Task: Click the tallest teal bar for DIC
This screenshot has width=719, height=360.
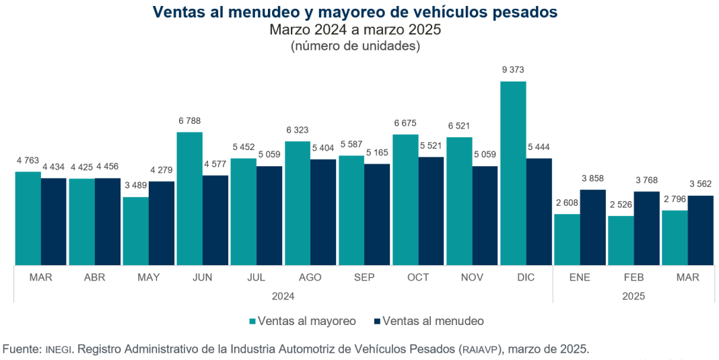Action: [513, 173]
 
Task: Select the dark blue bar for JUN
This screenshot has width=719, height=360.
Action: [215, 220]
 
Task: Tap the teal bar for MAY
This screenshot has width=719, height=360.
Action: [135, 231]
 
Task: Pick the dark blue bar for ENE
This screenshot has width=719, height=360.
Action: [592, 227]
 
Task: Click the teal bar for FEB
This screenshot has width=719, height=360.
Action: [620, 240]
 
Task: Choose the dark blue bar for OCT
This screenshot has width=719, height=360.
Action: [431, 211]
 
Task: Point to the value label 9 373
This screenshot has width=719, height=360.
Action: [513, 70]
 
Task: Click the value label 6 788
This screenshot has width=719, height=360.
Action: [190, 121]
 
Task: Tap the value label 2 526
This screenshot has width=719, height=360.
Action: [620, 205]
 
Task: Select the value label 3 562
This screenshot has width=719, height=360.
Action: [701, 184]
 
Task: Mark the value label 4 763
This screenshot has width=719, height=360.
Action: [28, 161]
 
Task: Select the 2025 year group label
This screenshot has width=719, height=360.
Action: [634, 295]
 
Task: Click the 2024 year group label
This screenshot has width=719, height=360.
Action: [283, 295]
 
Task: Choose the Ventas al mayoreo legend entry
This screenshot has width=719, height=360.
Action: [302, 321]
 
